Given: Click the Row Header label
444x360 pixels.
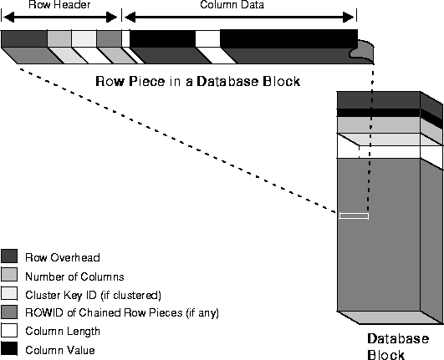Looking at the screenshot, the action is pos(59,4).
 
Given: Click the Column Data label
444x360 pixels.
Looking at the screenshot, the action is pos(232,4).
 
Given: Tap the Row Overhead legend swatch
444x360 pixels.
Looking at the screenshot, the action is pos(9,256).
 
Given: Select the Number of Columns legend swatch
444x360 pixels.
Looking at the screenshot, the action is pos(9,275).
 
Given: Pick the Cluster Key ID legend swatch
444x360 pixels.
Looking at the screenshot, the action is pos(9,293).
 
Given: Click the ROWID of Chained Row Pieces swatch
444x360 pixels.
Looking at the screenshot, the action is pos(9,312).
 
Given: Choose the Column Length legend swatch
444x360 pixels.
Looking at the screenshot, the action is pos(9,330).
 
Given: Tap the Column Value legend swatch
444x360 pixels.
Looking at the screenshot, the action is pos(9,348).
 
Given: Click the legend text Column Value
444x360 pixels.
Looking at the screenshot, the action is pos(60,350).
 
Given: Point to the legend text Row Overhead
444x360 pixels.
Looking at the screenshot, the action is pos(63,257).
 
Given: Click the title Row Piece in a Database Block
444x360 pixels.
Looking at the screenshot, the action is pos(197,81).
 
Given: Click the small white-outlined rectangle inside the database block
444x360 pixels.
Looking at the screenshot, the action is pos(354,216).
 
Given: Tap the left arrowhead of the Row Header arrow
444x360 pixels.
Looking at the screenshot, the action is pos(8,18).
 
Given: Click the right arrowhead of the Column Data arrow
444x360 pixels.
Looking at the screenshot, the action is pos(349,18).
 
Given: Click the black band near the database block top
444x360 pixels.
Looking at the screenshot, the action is pos(379,113).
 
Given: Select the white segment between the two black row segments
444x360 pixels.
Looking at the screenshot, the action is pos(207,38).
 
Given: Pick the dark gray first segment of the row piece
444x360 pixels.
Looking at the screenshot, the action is pos(24,38).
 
